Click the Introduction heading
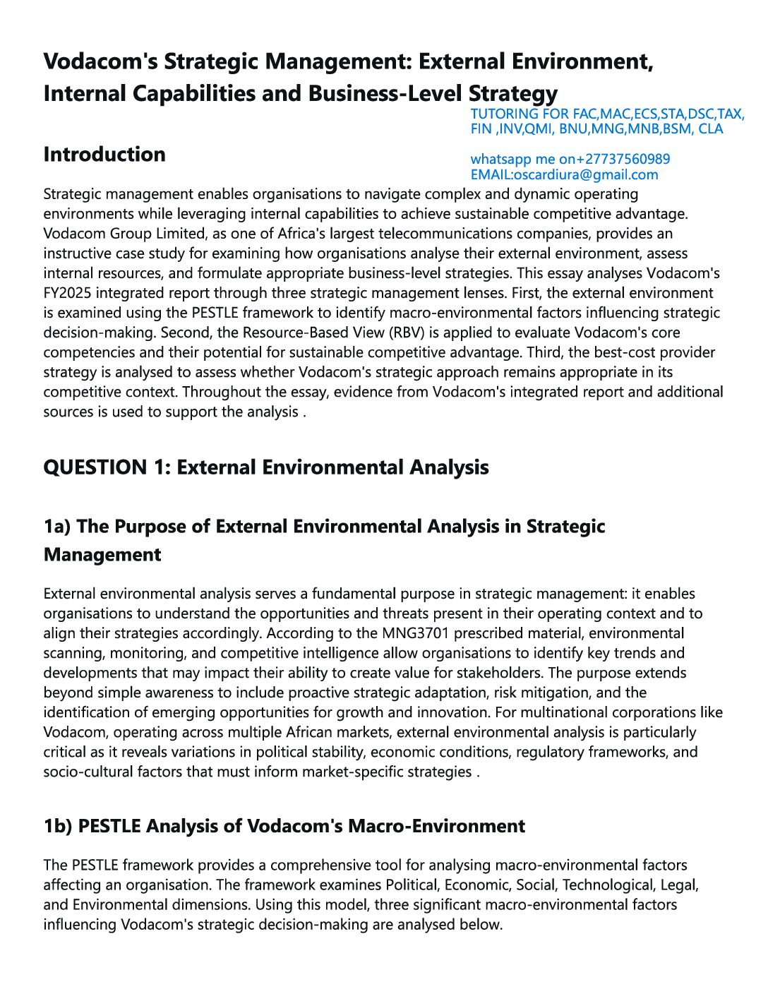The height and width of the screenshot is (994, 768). [104, 155]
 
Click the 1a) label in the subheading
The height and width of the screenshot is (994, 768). [57, 527]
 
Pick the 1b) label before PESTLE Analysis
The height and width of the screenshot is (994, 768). [58, 826]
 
